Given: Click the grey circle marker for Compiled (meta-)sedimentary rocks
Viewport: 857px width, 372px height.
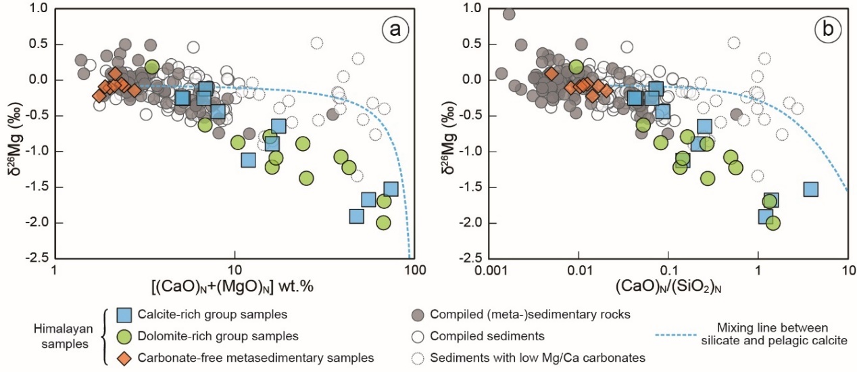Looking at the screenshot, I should (x=419, y=315).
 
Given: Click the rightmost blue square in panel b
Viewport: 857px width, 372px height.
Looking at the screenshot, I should (x=811, y=189).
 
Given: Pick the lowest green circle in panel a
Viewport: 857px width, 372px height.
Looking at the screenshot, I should (x=384, y=223).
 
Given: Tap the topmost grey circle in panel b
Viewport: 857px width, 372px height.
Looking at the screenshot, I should (x=509, y=14).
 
